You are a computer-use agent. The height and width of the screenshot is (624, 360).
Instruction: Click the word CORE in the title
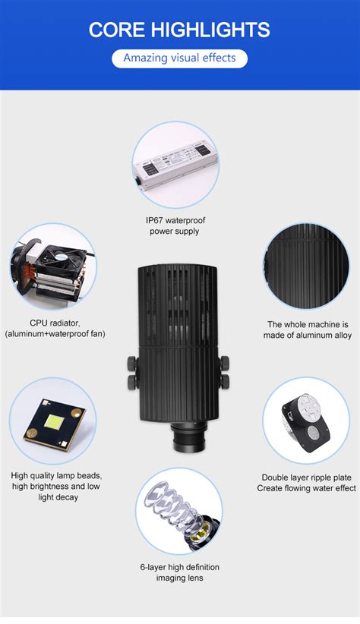tap(117, 30)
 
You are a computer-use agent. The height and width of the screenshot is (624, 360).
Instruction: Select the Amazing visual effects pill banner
tap(179, 58)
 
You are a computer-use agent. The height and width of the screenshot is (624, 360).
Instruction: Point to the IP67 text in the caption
tap(154, 220)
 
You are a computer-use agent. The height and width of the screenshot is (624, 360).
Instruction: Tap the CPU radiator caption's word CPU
tap(38, 323)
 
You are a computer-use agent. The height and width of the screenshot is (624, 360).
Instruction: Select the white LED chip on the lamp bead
tap(55, 421)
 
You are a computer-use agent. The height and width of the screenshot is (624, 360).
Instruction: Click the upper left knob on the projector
tap(132, 363)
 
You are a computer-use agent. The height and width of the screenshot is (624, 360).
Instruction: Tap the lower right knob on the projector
tap(225, 381)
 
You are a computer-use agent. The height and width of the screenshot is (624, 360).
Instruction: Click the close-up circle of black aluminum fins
tap(306, 266)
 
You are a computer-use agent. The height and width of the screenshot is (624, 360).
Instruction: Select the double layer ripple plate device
tap(305, 423)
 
